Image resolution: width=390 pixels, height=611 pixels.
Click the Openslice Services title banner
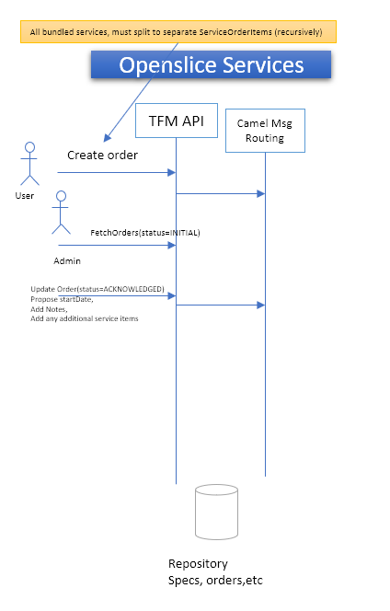tap(211, 64)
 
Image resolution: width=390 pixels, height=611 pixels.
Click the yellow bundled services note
tap(178, 32)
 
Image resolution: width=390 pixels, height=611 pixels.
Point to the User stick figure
tap(29, 164)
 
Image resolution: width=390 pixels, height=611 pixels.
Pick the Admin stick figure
tap(61, 213)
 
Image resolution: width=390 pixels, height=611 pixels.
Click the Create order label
tap(102, 156)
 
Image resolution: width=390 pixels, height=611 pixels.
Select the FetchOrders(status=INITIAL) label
tap(145, 233)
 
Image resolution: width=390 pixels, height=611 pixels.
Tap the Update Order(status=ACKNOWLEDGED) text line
tap(97, 289)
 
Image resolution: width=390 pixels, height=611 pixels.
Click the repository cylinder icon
tap(216, 512)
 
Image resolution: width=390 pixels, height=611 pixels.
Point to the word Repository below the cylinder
tap(198, 564)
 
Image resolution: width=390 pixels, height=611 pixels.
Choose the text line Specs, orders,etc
tap(215, 581)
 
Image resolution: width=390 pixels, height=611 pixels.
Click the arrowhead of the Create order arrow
tap(171, 172)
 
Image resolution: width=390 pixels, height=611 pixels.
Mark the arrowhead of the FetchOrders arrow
tap(171, 245)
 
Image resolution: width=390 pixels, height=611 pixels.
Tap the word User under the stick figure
tap(25, 196)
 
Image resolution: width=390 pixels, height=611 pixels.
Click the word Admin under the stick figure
tap(67, 260)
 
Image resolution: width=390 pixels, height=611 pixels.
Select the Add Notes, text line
tap(49, 309)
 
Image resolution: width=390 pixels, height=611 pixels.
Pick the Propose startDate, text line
tap(62, 299)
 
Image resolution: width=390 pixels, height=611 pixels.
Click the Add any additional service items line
tap(85, 318)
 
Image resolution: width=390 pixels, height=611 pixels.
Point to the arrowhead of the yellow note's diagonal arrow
tap(107, 139)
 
